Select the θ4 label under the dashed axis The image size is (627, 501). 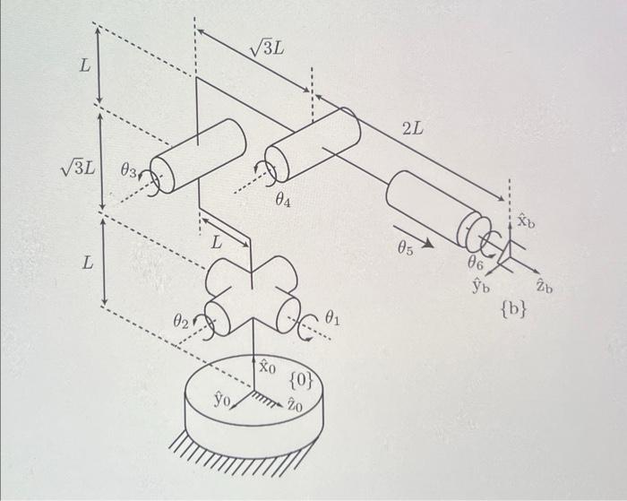(283, 202)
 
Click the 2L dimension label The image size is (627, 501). (414, 129)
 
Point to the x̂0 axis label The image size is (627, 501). (269, 367)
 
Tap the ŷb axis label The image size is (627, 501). (481, 285)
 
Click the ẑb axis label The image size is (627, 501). (544, 286)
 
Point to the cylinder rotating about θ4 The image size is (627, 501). (313, 143)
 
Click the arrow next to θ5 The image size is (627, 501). (428, 240)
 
